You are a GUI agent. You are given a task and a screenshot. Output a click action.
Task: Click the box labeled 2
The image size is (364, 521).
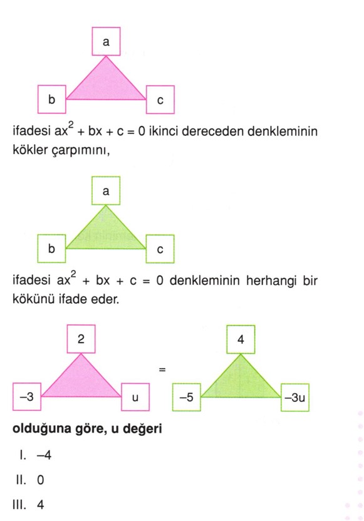pos(81,339)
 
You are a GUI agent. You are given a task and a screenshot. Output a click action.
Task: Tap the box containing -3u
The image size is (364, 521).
pos(295,398)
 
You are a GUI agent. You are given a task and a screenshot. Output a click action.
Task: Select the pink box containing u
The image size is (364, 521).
pos(135,397)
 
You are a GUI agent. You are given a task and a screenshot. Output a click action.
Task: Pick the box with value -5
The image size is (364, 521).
pos(187,397)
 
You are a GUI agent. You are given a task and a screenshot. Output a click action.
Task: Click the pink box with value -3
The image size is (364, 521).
pos(27,396)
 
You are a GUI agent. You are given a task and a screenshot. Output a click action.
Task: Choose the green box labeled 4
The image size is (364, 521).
pos(241,339)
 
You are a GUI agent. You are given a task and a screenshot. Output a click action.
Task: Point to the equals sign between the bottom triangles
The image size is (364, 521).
pos(162,369)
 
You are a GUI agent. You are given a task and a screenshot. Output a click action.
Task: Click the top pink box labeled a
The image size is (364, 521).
pos(106,41)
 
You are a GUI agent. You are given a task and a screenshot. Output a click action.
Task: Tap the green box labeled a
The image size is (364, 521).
pos(106,191)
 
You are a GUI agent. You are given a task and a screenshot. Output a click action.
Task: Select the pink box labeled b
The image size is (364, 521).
pos(52,99)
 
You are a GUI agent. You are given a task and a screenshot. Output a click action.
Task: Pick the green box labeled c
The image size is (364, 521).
pos(160,249)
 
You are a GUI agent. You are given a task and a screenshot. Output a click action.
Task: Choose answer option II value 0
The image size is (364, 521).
pos(41,480)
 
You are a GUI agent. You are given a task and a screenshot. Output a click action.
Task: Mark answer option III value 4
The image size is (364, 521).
pos(41,505)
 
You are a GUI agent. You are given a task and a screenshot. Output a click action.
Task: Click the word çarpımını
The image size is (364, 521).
pos(81,150)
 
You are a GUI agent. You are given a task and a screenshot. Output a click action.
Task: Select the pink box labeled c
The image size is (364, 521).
pos(160,100)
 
